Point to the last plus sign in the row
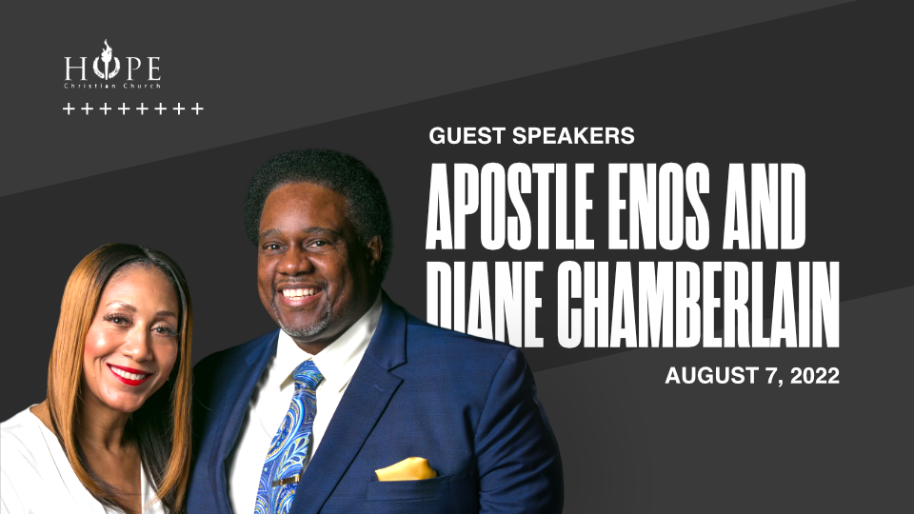(198, 109)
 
